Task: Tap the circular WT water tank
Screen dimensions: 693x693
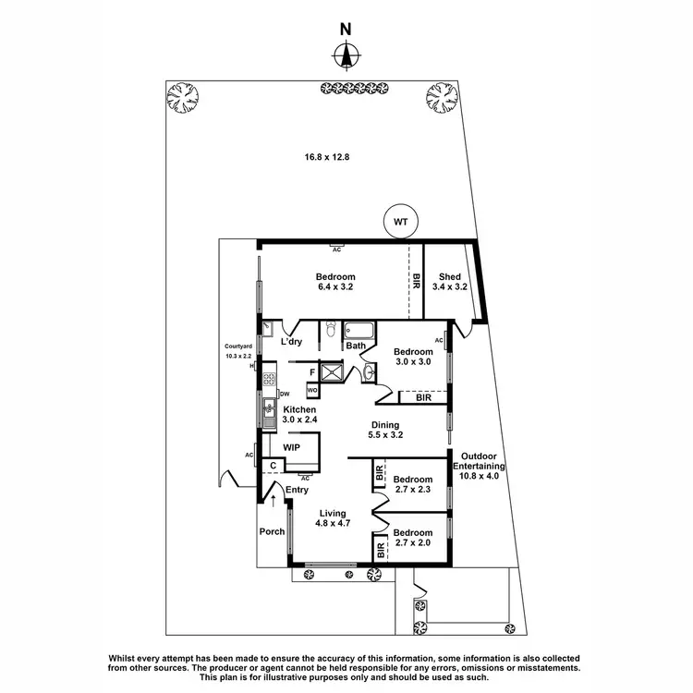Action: pyautogui.click(x=400, y=222)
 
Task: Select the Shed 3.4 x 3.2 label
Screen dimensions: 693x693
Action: pyautogui.click(x=449, y=282)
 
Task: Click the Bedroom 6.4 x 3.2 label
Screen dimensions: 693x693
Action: pyautogui.click(x=334, y=282)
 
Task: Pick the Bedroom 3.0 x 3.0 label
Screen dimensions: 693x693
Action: pyautogui.click(x=413, y=358)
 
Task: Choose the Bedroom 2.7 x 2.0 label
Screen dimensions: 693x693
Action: pyautogui.click(x=412, y=539)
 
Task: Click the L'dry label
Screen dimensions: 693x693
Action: pyautogui.click(x=291, y=343)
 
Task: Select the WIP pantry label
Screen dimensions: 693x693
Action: pyautogui.click(x=291, y=446)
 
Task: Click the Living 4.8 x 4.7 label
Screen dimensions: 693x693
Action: pyautogui.click(x=332, y=518)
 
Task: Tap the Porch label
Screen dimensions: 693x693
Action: pyautogui.click(x=272, y=531)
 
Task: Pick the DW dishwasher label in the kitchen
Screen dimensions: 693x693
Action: pyautogui.click(x=285, y=392)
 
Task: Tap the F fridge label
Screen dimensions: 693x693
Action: pyautogui.click(x=313, y=372)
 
